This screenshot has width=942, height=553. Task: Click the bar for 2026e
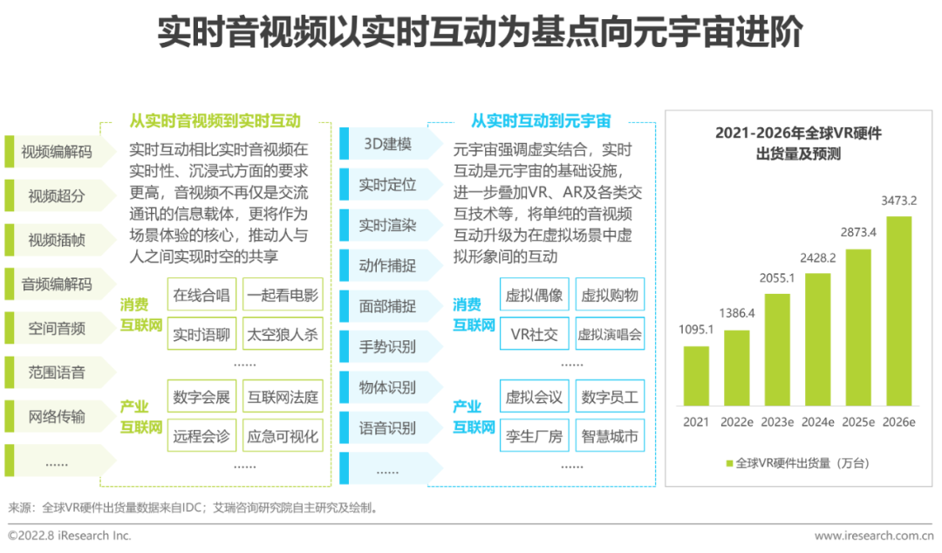[898, 311]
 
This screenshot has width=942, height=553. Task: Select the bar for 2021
[697, 376]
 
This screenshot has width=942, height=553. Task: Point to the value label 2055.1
[777, 279]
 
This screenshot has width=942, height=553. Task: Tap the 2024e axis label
[817, 422]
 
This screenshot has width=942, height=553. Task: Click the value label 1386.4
[737, 312]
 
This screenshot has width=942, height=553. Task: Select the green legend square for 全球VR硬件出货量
[730, 463]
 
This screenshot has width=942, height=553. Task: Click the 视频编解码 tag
[58, 151]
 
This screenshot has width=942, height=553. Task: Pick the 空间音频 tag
[58, 328]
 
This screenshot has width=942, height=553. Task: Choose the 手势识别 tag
[387, 346]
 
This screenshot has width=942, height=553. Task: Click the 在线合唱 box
[201, 295]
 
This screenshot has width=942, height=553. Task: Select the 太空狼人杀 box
[282, 334]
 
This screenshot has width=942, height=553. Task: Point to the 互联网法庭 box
[282, 398]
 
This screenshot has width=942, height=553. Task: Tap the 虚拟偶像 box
[534, 295]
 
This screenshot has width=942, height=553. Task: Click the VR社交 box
[534, 334]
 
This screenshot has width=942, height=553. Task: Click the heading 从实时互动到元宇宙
[541, 120]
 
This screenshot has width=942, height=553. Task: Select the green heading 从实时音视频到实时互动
[215, 120]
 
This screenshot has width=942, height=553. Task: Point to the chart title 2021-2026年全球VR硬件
[798, 133]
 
